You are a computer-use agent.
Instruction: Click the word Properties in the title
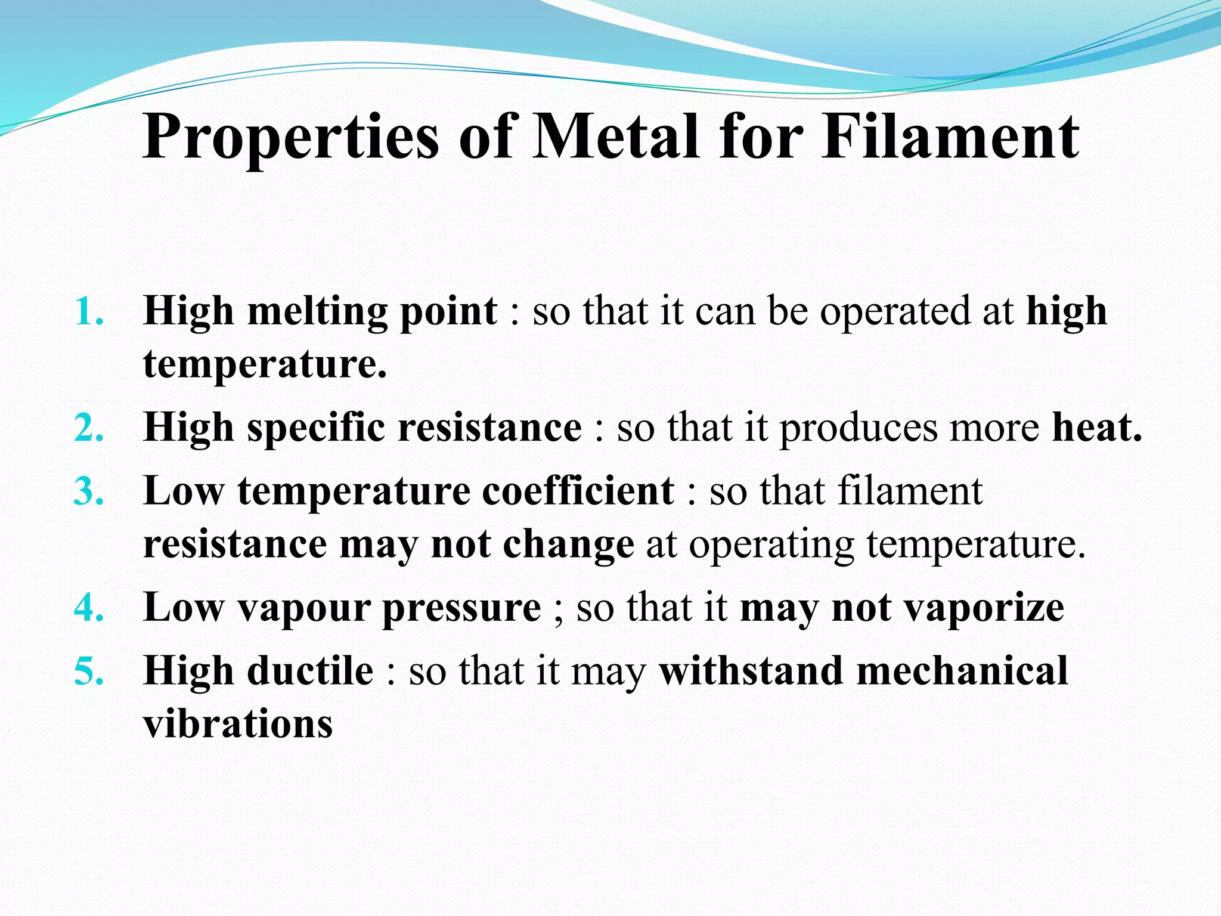coord(290,138)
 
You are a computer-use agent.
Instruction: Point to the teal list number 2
coord(88,428)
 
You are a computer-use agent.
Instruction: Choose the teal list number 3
coord(88,491)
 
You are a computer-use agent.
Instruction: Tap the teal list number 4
coord(88,608)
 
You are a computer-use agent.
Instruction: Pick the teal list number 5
coord(88,671)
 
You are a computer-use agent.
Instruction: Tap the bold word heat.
coord(1096,428)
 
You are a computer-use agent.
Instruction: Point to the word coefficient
coord(578,491)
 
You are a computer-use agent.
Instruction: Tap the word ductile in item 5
coord(310,671)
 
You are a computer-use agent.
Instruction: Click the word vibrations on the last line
coord(238,724)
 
